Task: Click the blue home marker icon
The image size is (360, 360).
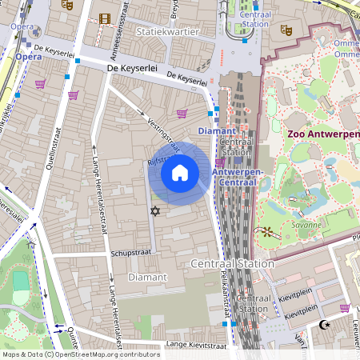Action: pos(180,172)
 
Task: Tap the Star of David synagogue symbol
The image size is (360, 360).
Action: pos(155,211)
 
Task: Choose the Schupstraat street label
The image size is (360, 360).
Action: pos(133,252)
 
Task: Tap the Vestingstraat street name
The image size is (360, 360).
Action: pos(163,130)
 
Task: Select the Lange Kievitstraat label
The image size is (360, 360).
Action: pos(194,344)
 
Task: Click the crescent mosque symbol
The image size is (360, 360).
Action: pos(325,324)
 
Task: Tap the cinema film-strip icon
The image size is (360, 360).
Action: pos(105,18)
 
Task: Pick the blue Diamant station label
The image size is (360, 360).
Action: pos(216,130)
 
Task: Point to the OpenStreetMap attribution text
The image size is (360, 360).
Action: pos(81,354)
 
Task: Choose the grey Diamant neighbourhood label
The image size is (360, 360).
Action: pos(148,277)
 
